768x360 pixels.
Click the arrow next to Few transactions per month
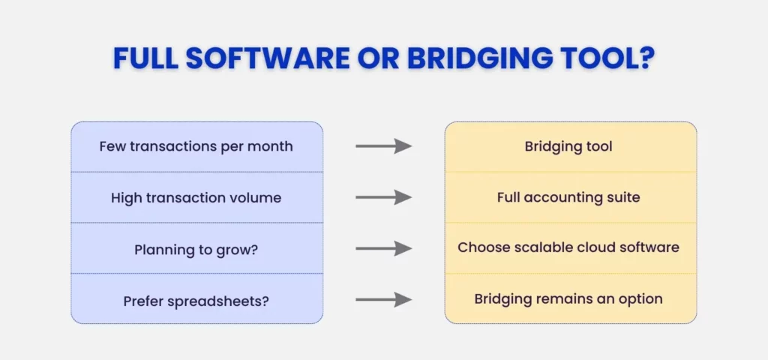click(x=383, y=146)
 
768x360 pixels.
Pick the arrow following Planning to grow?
click(x=383, y=248)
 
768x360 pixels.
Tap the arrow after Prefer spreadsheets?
click(x=383, y=299)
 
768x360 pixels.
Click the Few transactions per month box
click(x=196, y=146)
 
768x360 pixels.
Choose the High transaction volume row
click(x=196, y=198)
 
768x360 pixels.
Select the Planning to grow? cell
click(x=196, y=248)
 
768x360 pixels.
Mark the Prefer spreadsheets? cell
click(x=196, y=300)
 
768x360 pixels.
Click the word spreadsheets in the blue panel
click(x=220, y=301)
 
